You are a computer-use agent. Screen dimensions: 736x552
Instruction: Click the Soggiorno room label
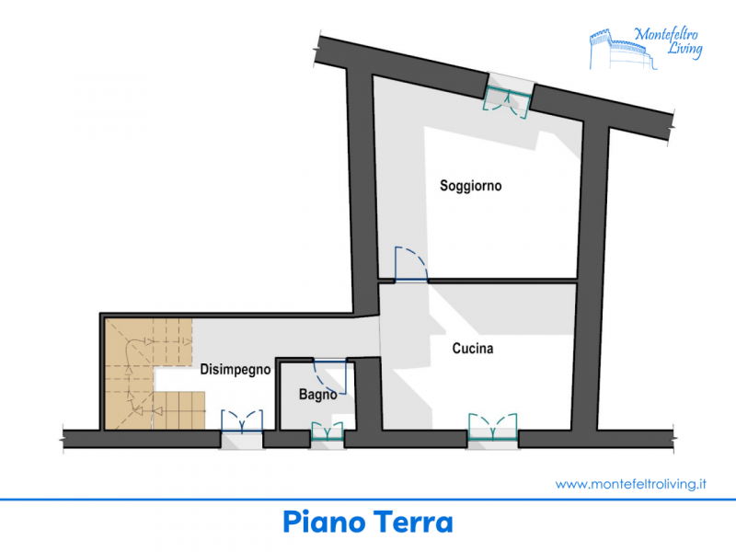click(x=471, y=186)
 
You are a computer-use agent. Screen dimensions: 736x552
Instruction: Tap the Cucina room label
click(x=473, y=349)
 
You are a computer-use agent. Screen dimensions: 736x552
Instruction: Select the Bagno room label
click(x=317, y=395)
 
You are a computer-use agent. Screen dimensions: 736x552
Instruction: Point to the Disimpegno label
click(x=236, y=370)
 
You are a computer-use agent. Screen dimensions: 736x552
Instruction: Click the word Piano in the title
click(x=324, y=522)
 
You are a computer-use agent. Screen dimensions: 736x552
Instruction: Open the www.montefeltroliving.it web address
click(x=631, y=484)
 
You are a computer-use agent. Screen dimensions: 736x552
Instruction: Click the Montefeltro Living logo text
click(x=669, y=42)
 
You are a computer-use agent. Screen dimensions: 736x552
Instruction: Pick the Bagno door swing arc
click(x=320, y=376)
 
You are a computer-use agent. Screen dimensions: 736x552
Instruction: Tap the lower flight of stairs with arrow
click(x=179, y=410)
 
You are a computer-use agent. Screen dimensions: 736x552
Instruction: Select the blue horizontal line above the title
click(x=368, y=500)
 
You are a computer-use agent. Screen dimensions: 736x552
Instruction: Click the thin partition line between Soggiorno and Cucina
click(x=502, y=282)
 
